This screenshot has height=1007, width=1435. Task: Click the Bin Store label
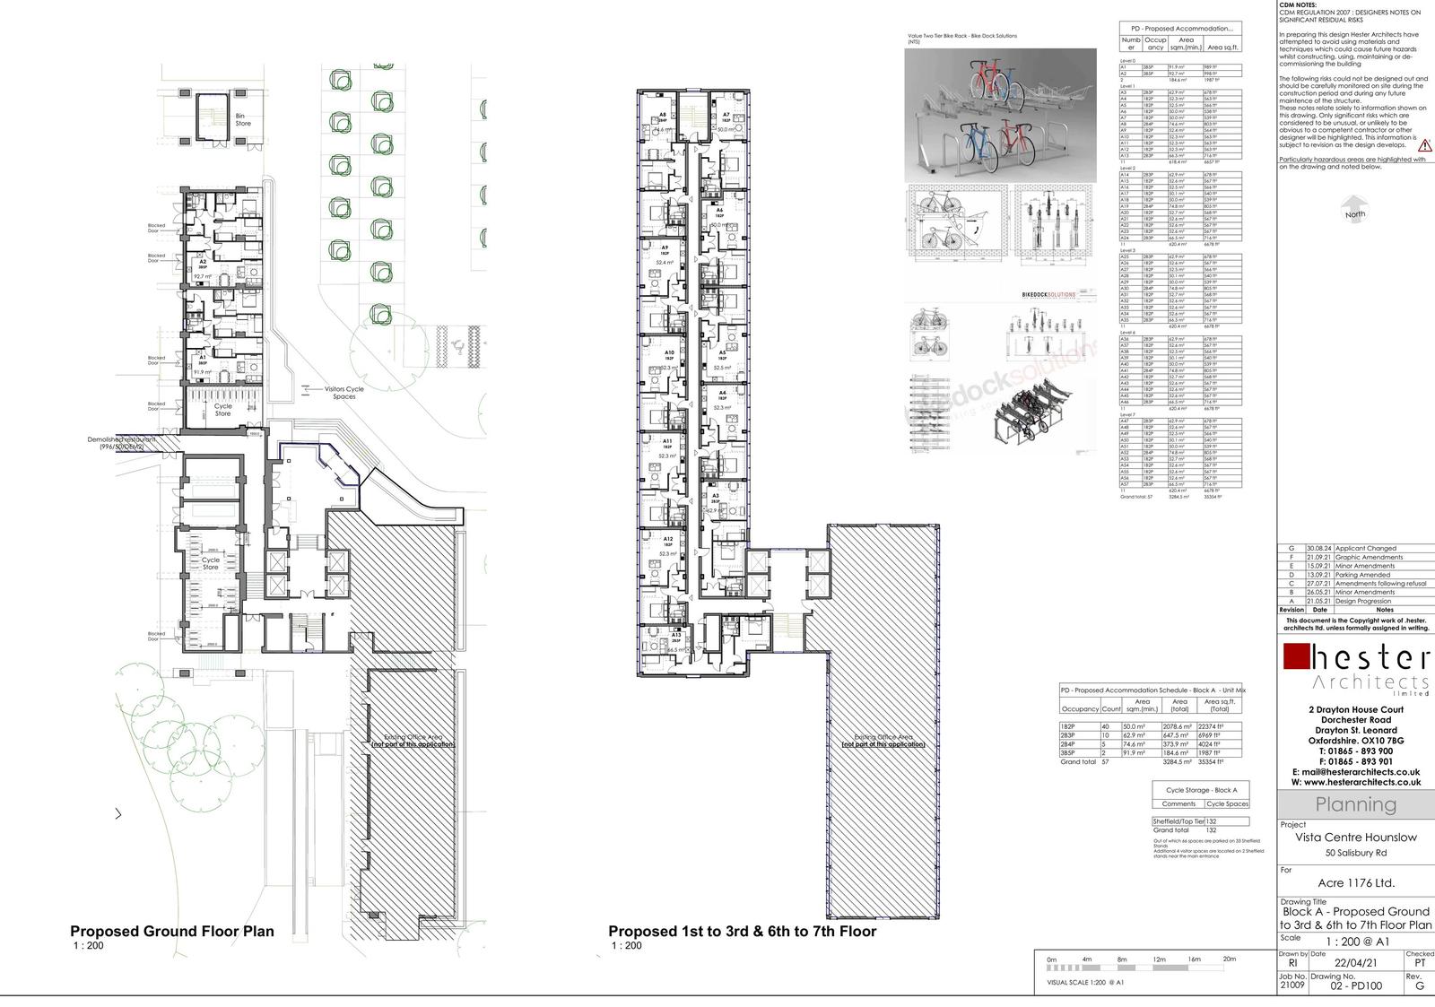[243, 119]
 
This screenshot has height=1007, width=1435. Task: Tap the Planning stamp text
[1355, 804]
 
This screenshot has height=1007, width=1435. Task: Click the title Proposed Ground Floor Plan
[172, 931]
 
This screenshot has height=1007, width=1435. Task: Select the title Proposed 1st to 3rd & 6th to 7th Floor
[742, 931]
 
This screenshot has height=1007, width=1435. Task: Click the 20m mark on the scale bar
[1229, 959]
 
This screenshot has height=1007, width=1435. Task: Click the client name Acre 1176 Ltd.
[1356, 882]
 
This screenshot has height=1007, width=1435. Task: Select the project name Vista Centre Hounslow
[1356, 838]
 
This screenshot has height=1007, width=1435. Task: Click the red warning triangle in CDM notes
[1425, 144]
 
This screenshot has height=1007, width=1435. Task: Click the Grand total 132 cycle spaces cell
[1211, 829]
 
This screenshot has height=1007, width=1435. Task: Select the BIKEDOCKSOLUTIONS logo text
[1048, 294]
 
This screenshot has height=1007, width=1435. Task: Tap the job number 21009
[1291, 985]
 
